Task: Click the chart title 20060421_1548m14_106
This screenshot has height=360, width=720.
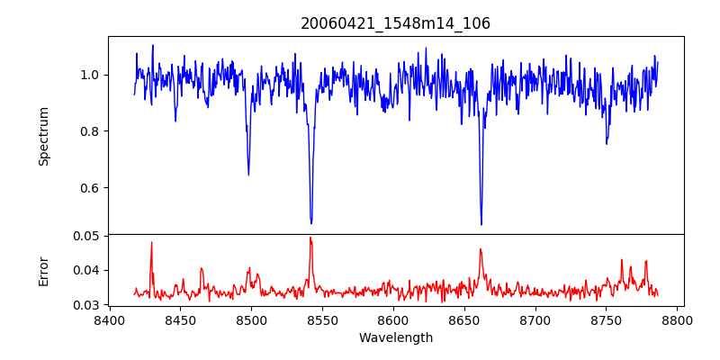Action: coord(395,23)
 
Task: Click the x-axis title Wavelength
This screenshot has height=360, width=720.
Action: coord(395,337)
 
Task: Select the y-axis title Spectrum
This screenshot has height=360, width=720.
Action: coord(44,136)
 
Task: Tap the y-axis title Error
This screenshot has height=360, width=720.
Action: coord(44,271)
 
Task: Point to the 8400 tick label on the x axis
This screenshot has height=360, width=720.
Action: coord(109,319)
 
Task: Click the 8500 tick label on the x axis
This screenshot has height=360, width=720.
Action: coord(251,319)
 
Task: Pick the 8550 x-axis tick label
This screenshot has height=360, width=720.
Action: coord(322,319)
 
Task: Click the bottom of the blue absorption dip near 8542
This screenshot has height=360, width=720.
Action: coord(311,222)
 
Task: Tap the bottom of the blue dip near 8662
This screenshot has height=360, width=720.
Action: coord(481,224)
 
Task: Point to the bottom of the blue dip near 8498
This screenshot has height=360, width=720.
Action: coord(248,175)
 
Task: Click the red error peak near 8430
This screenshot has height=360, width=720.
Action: coord(152,242)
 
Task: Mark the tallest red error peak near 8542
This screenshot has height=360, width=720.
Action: coord(310,238)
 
